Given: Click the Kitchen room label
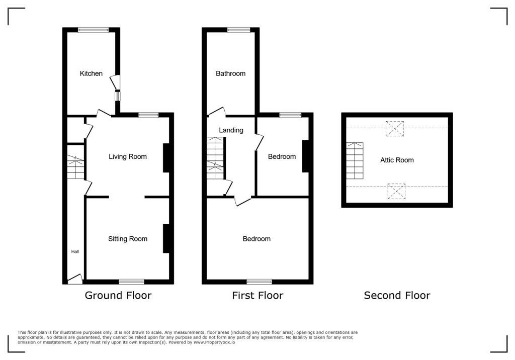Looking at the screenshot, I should [x=91, y=73].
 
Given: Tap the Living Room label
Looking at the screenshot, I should [x=128, y=156].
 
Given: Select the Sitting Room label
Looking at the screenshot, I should [x=128, y=239].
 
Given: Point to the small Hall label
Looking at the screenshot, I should [x=75, y=251].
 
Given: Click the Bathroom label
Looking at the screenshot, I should [x=231, y=73].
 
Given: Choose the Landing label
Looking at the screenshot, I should [x=231, y=130].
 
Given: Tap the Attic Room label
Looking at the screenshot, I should [x=397, y=160].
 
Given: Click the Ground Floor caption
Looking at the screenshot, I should [x=118, y=295].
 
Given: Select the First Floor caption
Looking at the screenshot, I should [x=257, y=295].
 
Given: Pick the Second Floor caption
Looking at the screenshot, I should [x=397, y=295].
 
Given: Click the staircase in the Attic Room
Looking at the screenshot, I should [x=355, y=160].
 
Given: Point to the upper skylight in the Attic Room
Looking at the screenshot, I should [x=395, y=128].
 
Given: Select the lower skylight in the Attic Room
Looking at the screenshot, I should [x=396, y=191].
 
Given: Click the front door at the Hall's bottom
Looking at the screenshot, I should [x=75, y=278].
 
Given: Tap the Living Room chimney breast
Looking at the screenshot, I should [x=166, y=158].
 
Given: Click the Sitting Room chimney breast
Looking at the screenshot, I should [x=166, y=238].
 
